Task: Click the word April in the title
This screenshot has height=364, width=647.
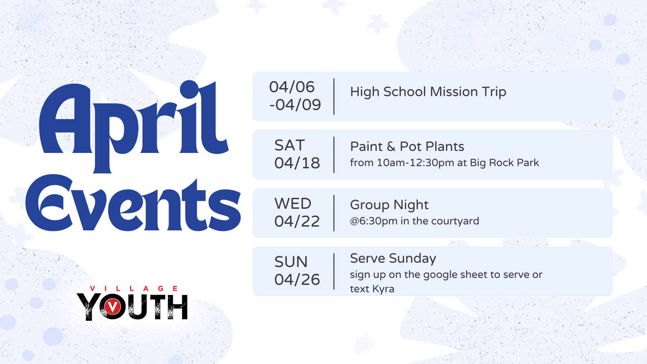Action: click(x=134, y=126)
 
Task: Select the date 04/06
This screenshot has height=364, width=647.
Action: click(x=292, y=87)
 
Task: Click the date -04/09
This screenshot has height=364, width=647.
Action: click(x=295, y=105)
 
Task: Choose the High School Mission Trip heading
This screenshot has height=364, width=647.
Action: click(x=428, y=92)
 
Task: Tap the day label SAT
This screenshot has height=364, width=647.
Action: click(x=289, y=145)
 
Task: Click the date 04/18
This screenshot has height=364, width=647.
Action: click(x=297, y=163)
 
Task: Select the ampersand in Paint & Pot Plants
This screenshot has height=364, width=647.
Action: click(x=391, y=147)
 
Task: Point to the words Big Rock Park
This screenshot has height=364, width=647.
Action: click(x=504, y=163)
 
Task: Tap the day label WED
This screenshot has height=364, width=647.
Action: click(x=293, y=204)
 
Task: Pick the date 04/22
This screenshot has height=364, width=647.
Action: click(x=297, y=221)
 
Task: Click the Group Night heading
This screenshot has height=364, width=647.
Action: click(x=389, y=205)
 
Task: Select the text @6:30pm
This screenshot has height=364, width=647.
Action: click(x=374, y=221)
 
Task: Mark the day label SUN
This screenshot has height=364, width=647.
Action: click(x=291, y=262)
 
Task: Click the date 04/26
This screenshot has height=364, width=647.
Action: click(x=297, y=280)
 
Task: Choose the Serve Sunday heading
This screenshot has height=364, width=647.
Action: click(x=393, y=259)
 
